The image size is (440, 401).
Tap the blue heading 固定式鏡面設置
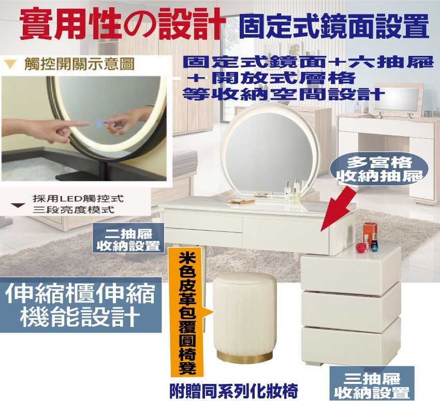click(334, 26)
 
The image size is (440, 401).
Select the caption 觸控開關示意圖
click(79, 64)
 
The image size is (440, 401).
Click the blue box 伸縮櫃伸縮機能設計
click(81, 305)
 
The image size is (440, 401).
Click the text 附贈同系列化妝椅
click(233, 391)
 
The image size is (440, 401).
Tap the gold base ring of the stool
click(244, 357)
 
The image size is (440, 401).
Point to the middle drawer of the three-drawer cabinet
click(351, 306)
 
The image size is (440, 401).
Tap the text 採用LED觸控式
click(78, 199)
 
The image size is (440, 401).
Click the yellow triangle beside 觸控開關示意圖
click(11, 65)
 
